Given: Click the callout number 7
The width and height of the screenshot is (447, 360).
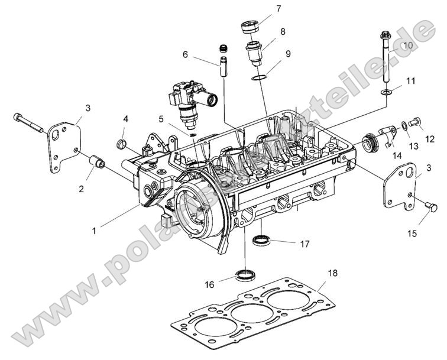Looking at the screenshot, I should coord(278,8).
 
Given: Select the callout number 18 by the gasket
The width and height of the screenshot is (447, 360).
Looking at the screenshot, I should coord(333,274).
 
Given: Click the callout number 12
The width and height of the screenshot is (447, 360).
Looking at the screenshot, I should coord(430,140).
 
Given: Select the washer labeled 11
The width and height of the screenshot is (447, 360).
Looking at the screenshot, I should coord(385,92).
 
